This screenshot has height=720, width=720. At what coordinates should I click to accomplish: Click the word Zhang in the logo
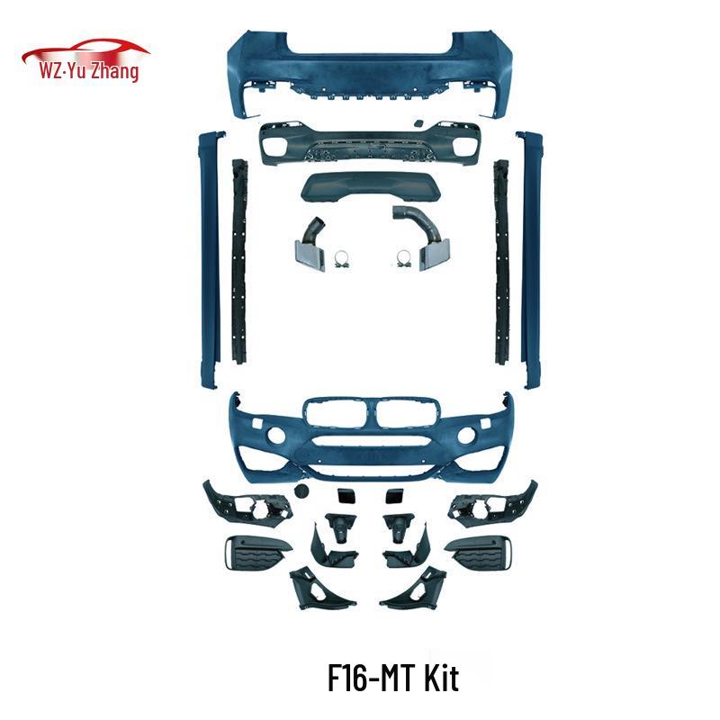pyautogui.click(x=114, y=71)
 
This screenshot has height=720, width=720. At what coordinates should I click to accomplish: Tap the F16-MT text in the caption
pyautogui.click(x=372, y=678)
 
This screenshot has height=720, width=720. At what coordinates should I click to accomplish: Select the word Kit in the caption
pyautogui.click(x=441, y=678)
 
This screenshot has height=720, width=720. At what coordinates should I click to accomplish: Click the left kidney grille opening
pyautogui.click(x=337, y=412)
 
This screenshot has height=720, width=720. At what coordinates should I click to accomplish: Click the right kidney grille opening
pyautogui.click(x=406, y=412)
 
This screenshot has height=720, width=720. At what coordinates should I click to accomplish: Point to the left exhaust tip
pyautogui.click(x=310, y=255)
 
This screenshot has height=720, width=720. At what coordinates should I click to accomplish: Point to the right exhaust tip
pyautogui.click(x=434, y=254)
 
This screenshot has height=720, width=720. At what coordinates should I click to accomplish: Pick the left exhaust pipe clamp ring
pyautogui.click(x=341, y=258)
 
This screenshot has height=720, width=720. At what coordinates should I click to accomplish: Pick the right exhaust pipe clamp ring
pyautogui.click(x=403, y=258)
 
